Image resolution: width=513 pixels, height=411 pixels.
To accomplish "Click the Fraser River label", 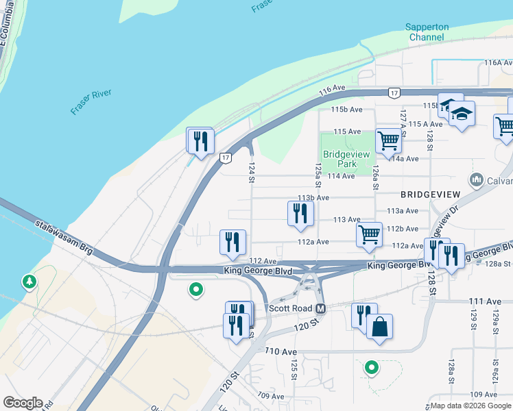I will pos(91,101).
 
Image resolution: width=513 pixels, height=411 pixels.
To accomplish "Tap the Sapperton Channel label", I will pos(427,32).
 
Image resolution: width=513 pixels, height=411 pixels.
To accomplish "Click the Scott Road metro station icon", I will pos(320,309).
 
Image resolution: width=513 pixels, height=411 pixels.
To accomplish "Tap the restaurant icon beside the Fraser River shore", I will pos(200,141).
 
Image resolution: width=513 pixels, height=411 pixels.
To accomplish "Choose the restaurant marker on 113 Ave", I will pos(300,213).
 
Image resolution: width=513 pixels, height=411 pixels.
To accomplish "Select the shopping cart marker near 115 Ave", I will pos(389,140).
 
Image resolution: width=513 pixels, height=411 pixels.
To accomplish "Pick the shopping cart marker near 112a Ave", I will pos(369,234).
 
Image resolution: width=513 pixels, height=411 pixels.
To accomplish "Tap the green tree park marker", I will pos(29,282).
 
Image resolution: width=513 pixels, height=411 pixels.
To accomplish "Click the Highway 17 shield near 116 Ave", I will pos(393,92).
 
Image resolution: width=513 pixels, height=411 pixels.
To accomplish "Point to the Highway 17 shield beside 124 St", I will pos(225,158).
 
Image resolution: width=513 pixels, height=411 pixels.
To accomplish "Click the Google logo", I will pos(22,403).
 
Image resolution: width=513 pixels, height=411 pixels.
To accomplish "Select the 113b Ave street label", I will pos(313,197).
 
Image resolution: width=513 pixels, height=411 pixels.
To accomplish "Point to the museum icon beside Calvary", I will pos(476,180).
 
